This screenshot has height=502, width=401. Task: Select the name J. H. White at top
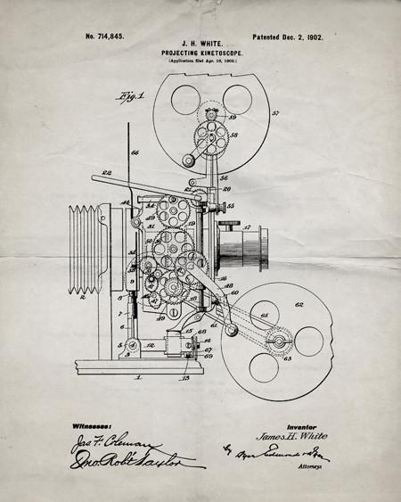(x=200, y=42)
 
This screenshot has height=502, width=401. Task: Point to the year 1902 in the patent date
(x=311, y=37)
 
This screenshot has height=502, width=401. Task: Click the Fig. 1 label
(x=119, y=96)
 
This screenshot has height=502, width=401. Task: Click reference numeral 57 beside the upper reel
(x=275, y=113)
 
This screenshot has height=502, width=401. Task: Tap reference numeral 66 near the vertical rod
(x=135, y=153)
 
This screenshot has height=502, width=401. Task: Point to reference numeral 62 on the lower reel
(x=299, y=305)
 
